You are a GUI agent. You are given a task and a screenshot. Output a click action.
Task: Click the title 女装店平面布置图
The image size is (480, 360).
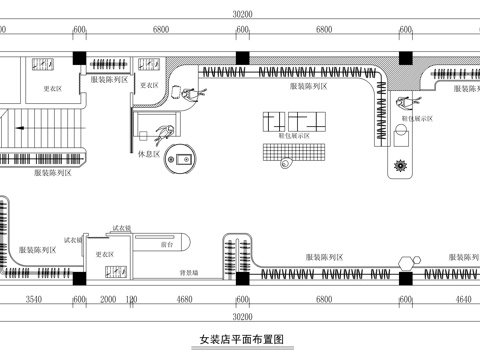coord(236,341)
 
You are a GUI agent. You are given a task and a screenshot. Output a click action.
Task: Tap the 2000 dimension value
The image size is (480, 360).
coord(108,299)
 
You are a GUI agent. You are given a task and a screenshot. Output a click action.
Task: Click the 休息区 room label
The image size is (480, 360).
coord(150,153)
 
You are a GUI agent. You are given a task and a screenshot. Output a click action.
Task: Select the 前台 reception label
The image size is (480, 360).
coord(168,242)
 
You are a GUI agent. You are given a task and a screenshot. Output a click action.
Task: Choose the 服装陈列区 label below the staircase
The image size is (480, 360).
coord(51,173)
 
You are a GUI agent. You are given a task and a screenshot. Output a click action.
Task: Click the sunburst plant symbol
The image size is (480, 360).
coord(402,164)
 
